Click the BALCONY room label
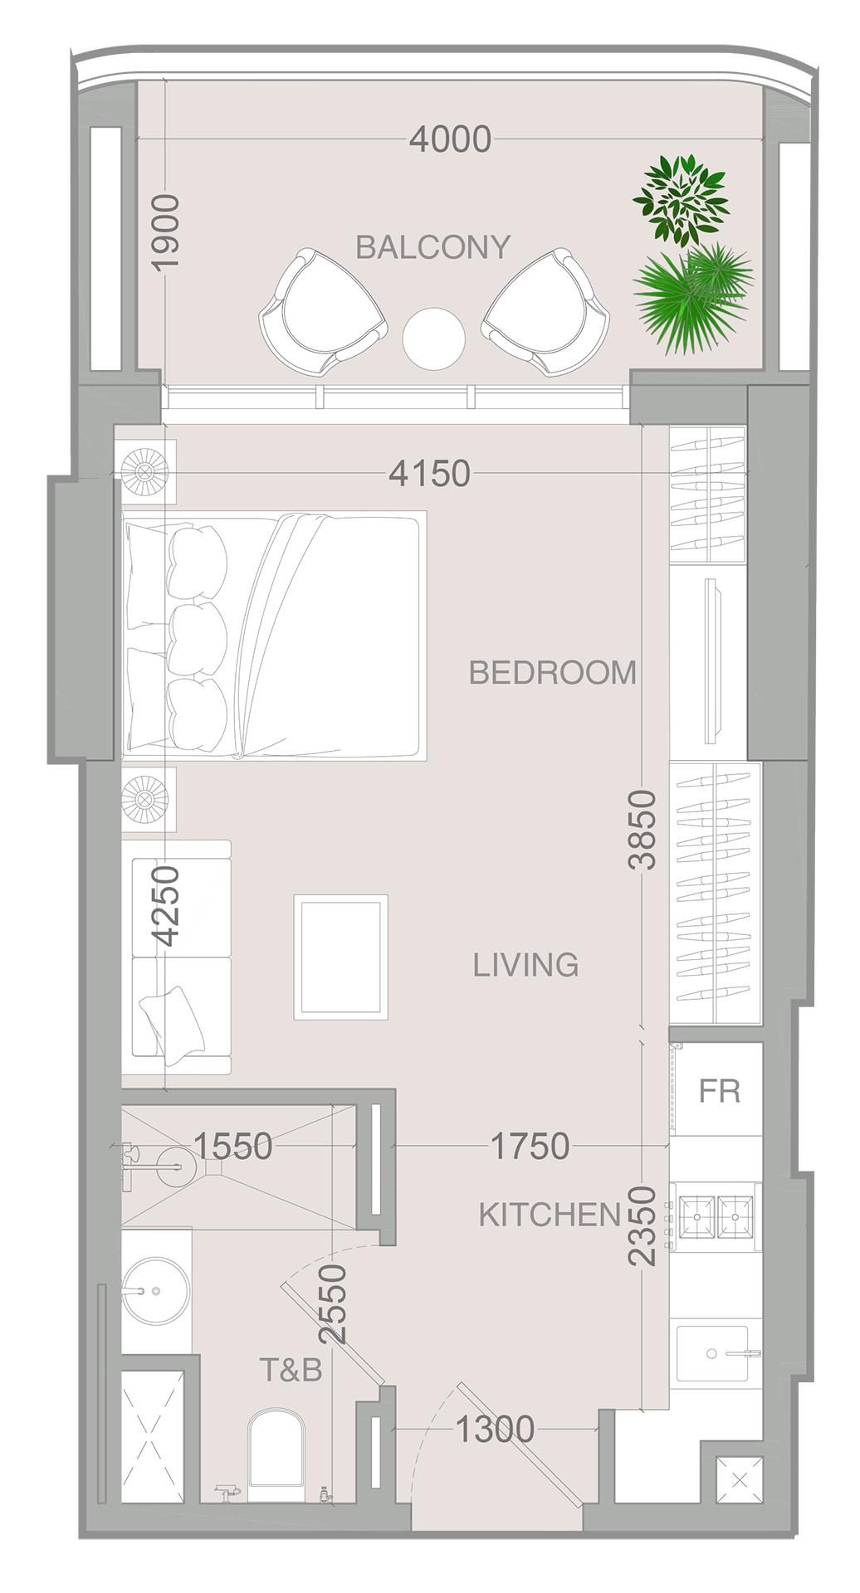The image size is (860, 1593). coord(432,247)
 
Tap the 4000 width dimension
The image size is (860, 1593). coord(450,139)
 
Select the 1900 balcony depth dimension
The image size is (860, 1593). coord(165,231)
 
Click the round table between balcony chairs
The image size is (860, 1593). coord(433,339)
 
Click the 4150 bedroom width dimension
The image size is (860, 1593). coord(429,474)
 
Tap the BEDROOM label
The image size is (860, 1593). coord(552,673)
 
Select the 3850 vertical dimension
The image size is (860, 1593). coord(642,830)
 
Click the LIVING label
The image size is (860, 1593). coord(525,965)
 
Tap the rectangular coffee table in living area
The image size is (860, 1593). coord(340,957)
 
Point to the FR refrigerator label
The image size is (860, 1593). coord(719,1091)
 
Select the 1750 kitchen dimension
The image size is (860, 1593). coord(530,1147)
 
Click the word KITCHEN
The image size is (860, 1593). coord(550,1215)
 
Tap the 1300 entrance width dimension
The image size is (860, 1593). coord(495,1429)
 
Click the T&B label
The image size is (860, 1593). coord(291,1370)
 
